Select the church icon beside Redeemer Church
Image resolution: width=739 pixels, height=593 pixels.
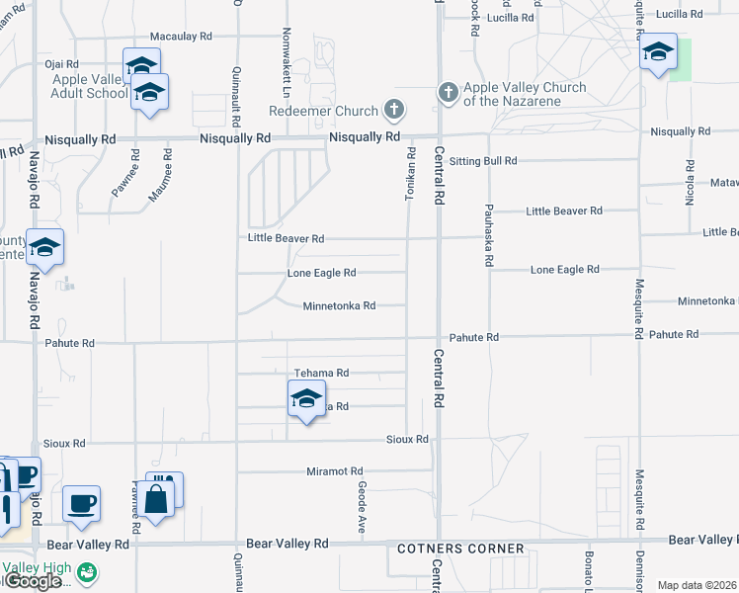click(x=395, y=109)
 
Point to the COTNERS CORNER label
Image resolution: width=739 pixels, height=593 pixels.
click(x=460, y=549)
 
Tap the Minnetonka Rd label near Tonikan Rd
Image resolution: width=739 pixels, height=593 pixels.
click(x=339, y=306)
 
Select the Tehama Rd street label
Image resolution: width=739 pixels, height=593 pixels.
click(x=321, y=374)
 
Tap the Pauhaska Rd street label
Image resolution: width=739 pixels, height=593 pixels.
click(x=489, y=237)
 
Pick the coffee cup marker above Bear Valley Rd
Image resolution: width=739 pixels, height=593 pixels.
click(x=80, y=503)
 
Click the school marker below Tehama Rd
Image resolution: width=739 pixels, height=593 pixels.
click(x=306, y=400)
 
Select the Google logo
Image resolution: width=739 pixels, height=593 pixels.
click(x=33, y=581)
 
